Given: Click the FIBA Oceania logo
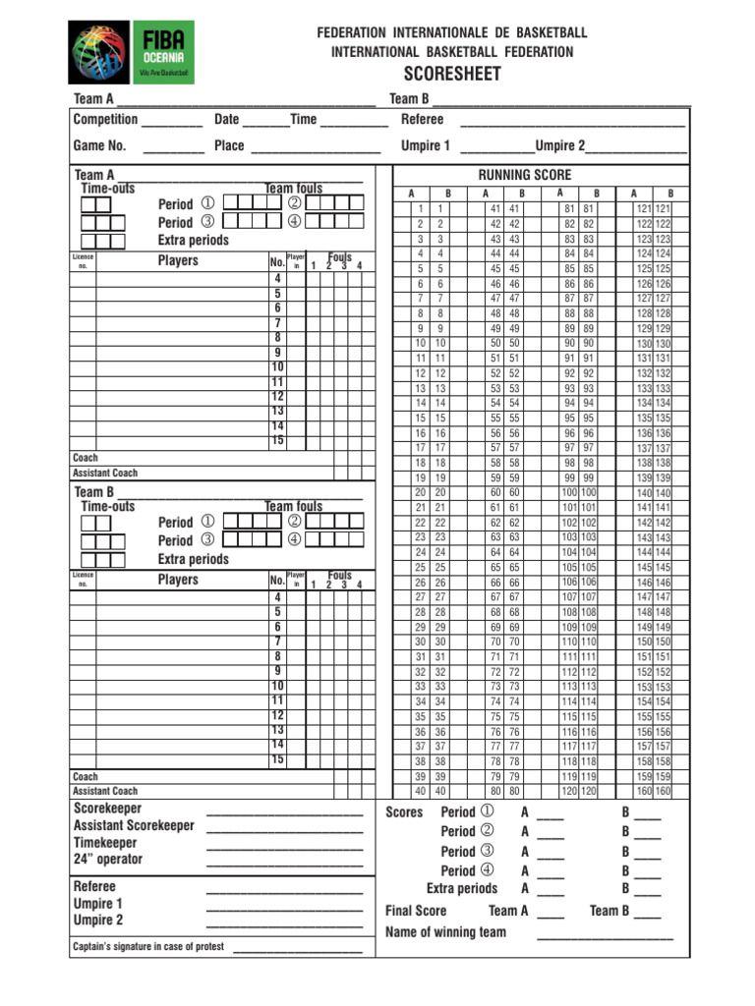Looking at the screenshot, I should click(x=130, y=52).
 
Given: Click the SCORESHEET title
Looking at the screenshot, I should click(x=452, y=75).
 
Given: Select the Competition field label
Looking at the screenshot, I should click(x=105, y=119).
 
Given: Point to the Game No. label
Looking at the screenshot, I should click(x=100, y=145).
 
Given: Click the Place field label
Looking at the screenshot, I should click(x=229, y=145).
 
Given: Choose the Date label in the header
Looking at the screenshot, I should click(x=226, y=119).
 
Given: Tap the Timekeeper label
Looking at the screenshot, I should click(x=105, y=843).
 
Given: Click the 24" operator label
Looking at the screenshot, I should click(x=108, y=860).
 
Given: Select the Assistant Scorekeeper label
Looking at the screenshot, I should click(x=134, y=826).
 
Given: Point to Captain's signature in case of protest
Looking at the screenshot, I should click(x=148, y=947).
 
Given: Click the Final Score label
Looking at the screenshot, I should click(x=416, y=911).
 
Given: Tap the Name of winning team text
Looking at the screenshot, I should click(x=445, y=931).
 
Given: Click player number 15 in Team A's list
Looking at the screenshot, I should click(x=278, y=441).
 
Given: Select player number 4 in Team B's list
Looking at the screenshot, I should click(x=278, y=597).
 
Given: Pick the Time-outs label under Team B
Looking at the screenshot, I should click(x=108, y=507).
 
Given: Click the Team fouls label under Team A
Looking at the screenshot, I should click(x=293, y=188).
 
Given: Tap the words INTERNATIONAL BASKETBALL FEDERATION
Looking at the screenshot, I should click(x=452, y=51).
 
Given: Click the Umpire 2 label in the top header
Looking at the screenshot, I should click(x=560, y=145).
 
